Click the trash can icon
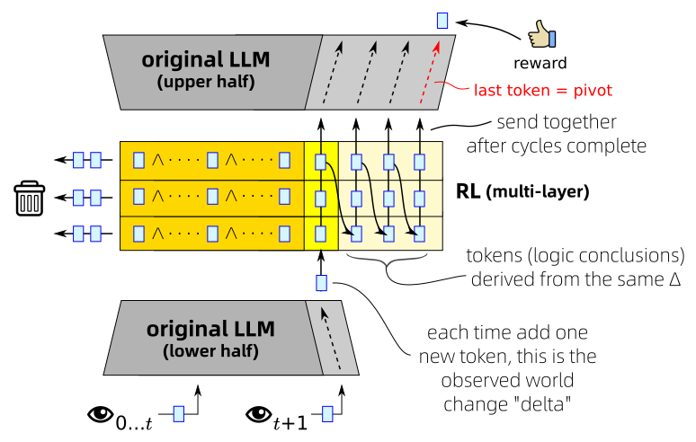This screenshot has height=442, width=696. point(30,198)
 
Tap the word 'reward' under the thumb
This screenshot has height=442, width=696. point(540,65)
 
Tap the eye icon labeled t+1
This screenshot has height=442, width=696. point(257,414)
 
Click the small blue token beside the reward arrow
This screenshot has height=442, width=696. point(442,19)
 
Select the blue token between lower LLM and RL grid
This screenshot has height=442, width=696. point(321,283)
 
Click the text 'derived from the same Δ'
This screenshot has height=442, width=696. point(576,280)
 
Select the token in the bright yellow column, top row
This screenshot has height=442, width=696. point(321,162)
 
